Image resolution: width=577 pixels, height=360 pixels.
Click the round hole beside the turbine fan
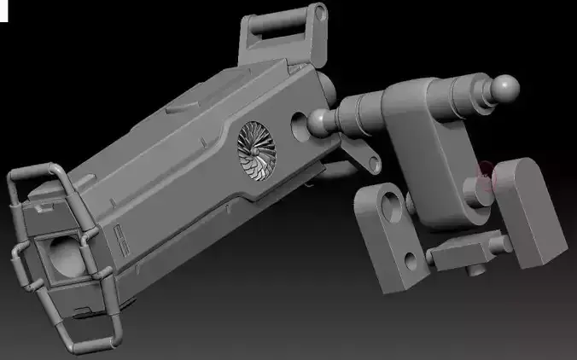(x=300, y=125)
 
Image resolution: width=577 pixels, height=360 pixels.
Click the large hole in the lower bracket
(x=391, y=206)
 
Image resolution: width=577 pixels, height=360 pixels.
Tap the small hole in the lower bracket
(x=413, y=256)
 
